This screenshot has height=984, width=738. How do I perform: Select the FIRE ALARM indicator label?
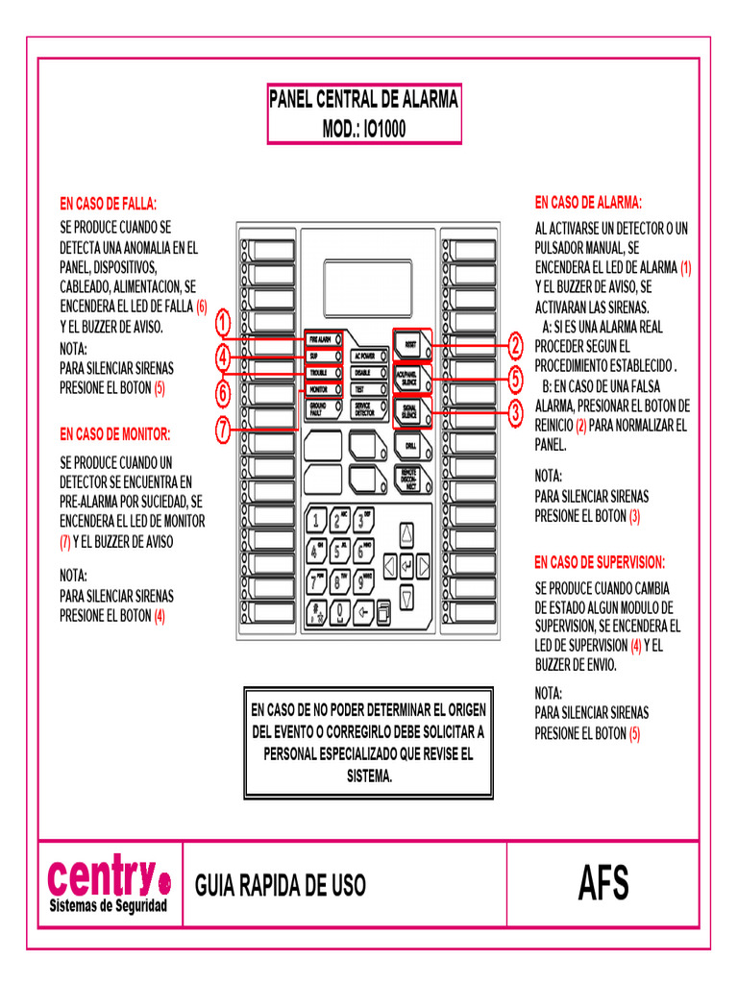pyautogui.click(x=319, y=340)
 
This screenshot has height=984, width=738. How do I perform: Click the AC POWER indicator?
pyautogui.click(x=365, y=356)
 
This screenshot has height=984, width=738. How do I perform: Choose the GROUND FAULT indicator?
pyautogui.click(x=319, y=408)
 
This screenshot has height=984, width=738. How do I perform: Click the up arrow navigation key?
pyautogui.click(x=406, y=534)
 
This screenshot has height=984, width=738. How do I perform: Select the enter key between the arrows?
pyautogui.click(x=406, y=566)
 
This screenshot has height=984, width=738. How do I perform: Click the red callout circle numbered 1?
pyautogui.click(x=223, y=321)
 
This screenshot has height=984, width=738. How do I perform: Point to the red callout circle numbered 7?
pyautogui.click(x=223, y=430)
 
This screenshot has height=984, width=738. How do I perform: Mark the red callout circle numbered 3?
pyautogui.click(x=516, y=413)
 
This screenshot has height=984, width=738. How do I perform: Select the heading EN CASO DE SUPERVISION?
pyautogui.click(x=599, y=562)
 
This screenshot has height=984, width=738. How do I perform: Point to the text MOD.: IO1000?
pyautogui.click(x=363, y=129)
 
